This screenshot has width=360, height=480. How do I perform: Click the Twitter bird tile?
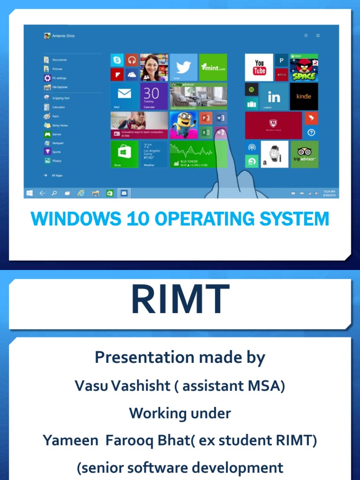pos(183,67)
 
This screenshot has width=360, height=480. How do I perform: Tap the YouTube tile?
pos(259,67)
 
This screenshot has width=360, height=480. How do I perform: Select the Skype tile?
pos(117,60)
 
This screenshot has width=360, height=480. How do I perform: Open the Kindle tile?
pos(304,97)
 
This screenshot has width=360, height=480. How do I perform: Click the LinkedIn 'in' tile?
pos(274,97)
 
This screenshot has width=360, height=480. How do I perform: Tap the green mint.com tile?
pos(213,67)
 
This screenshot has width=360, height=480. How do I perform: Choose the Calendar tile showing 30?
pos(154,96)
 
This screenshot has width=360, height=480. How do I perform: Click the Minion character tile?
pos(183,125)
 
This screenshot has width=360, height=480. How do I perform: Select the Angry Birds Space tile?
pos(304,67)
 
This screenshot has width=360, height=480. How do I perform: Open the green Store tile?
pos(124,154)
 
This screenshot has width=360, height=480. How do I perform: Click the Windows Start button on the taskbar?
pos(30,193)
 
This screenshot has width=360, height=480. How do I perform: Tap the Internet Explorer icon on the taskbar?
pos(82,193)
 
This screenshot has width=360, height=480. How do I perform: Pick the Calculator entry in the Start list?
pos(59,107)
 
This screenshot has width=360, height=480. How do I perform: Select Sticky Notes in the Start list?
pos(60,125)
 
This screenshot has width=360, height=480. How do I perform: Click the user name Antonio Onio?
pos(63,36)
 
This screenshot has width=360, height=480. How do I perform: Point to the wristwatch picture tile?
pos(275,154)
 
